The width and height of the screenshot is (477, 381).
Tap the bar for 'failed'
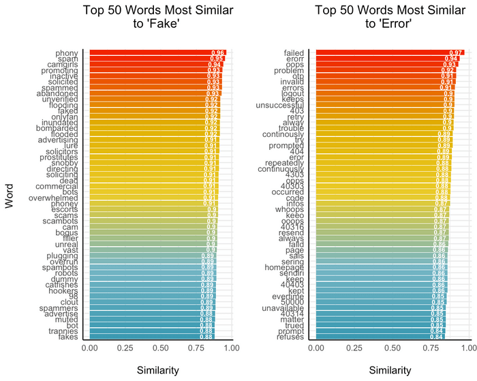click(382, 52)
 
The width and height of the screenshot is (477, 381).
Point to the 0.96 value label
click(218, 52)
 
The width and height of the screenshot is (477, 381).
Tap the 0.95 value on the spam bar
click(217, 59)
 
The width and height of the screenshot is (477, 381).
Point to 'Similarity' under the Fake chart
click(158, 370)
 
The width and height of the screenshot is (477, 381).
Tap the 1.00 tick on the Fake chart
click(231, 349)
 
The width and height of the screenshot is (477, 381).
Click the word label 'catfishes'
click(61, 285)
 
